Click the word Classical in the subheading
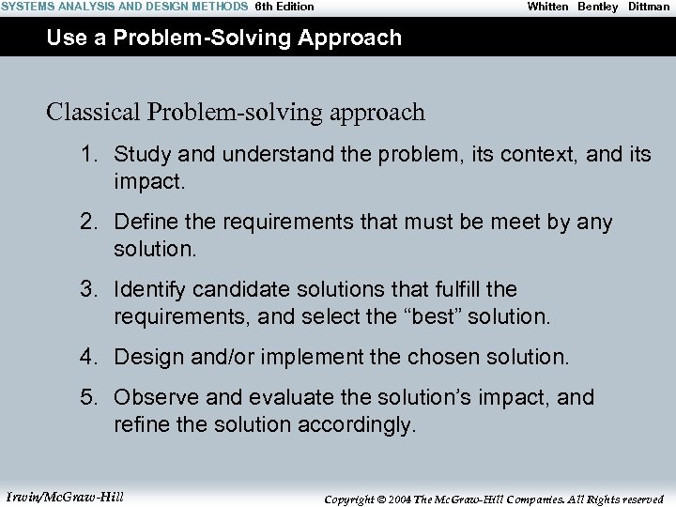(x=93, y=113)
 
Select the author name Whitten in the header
(x=547, y=7)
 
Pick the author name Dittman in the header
(x=649, y=7)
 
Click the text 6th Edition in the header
(x=284, y=7)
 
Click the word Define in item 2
(x=145, y=223)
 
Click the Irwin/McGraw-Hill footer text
(x=65, y=497)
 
